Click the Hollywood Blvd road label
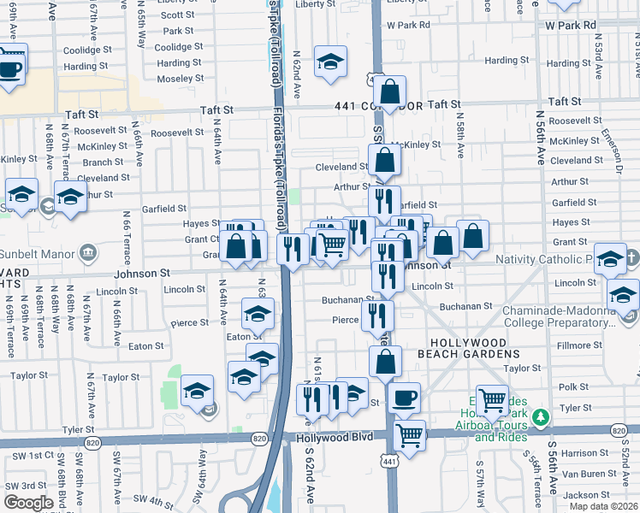click(x=335, y=437)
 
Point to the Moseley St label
click(x=181, y=78)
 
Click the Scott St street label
click(x=177, y=15)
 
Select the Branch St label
click(x=103, y=162)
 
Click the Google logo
click(x=28, y=502)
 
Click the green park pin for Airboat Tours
click(x=540, y=418)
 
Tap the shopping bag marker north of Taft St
click(x=389, y=92)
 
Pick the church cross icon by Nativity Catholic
click(x=631, y=258)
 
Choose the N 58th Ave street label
click(x=460, y=138)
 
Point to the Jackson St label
click(x=586, y=495)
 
